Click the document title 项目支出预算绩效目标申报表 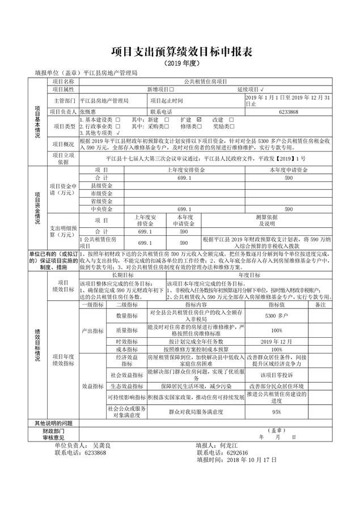click(180, 52)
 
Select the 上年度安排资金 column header click(184, 170)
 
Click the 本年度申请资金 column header click(289, 170)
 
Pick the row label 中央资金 click(101, 209)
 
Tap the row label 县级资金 click(101, 186)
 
